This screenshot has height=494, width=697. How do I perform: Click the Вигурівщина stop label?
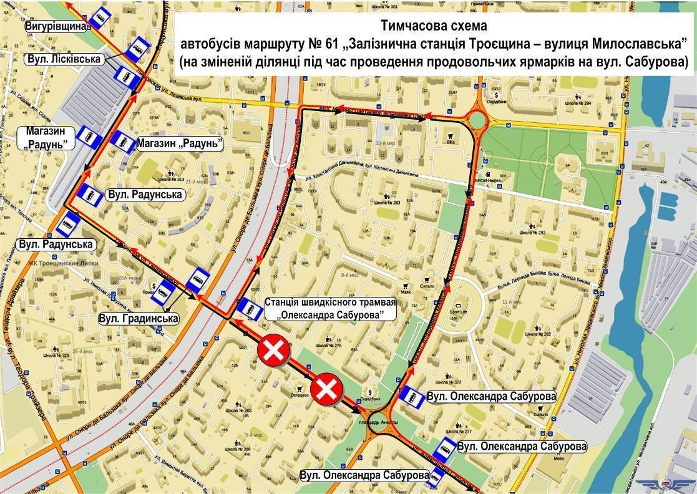55,27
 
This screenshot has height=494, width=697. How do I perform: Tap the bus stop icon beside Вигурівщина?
99,19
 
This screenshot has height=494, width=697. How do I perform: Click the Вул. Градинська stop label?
139,319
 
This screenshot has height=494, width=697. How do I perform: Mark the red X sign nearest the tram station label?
273,352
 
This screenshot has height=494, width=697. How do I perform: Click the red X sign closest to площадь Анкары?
328,390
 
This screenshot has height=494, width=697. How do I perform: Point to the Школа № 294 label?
578,103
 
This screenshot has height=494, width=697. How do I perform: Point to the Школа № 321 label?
57,356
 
